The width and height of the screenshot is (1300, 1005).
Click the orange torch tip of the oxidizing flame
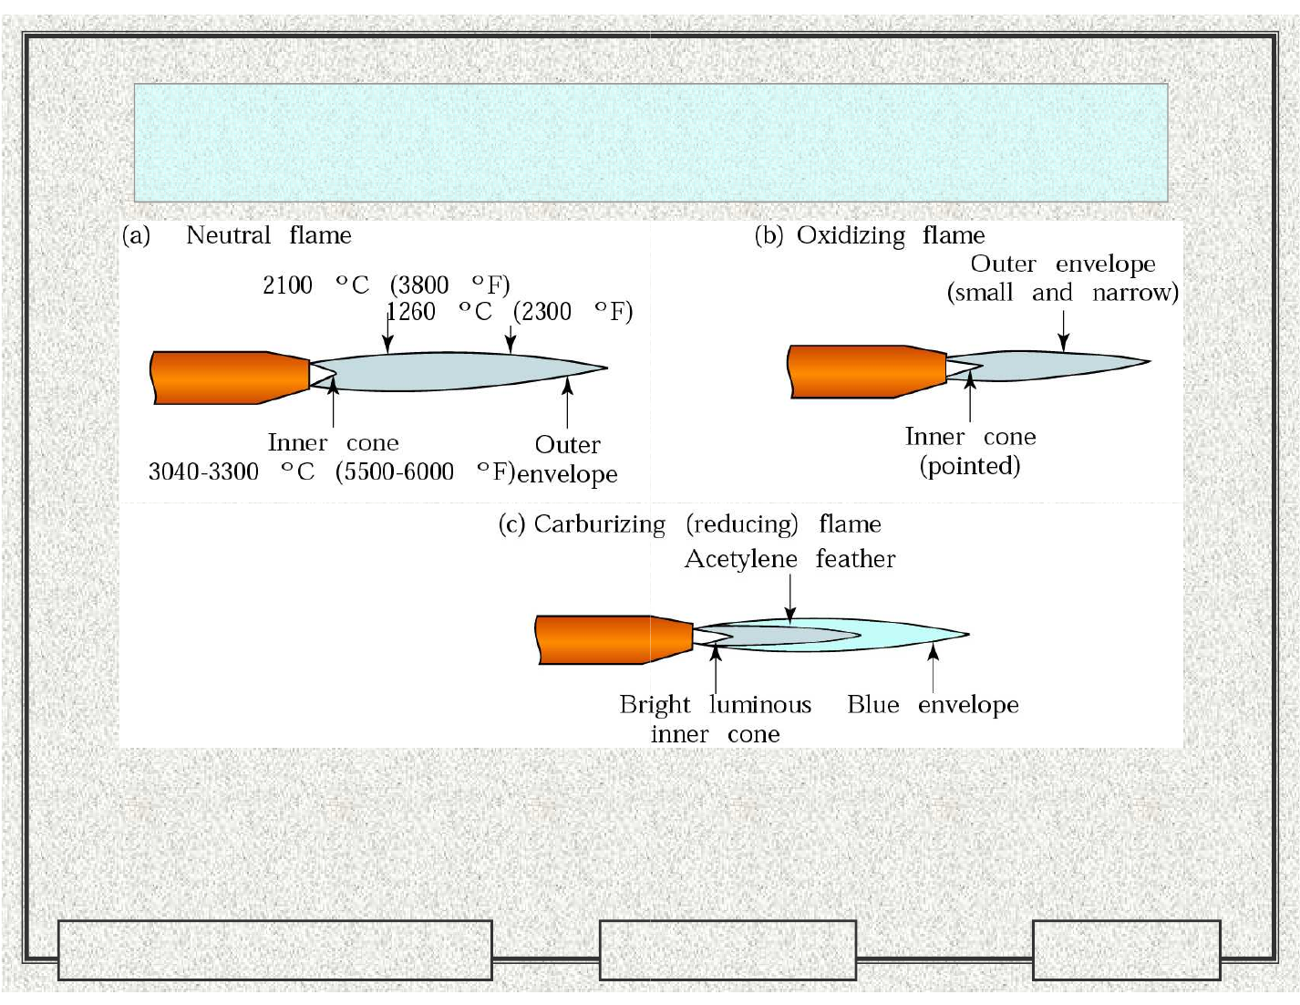[866, 371]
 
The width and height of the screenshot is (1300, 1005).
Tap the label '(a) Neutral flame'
[237, 235]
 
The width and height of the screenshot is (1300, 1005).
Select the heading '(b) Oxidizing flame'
[870, 235]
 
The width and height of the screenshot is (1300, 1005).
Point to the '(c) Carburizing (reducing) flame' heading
[689, 524]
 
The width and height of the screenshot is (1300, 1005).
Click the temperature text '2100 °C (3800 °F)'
[386, 285]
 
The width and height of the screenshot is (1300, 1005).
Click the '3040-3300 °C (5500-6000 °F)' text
[330, 471]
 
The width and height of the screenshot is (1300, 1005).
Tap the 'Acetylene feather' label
[789, 558]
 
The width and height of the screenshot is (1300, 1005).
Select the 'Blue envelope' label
[932, 704]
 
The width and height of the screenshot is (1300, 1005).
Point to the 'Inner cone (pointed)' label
[970, 451]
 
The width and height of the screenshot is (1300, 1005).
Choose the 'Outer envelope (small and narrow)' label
[1063, 278]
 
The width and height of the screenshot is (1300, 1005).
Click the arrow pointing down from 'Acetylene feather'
[790, 601]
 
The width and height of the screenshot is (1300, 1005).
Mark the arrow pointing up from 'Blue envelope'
[933, 667]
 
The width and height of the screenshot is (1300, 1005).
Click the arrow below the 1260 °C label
[511, 339]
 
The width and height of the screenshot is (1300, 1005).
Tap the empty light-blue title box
[650, 142]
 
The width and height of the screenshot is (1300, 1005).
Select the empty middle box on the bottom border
[727, 949]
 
